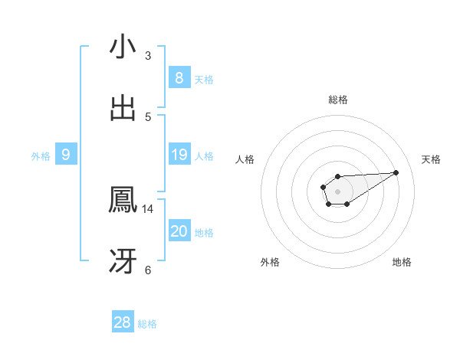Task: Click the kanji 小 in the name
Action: pos(123,47)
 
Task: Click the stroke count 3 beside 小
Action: pos(148,55)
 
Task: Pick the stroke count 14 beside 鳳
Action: pos(148,208)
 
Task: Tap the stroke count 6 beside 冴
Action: pos(148,270)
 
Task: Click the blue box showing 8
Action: pos(179,77)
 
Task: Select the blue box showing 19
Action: pos(179,155)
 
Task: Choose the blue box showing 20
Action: pos(179,231)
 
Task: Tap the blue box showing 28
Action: pos(123,322)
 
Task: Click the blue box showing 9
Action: pos(66,155)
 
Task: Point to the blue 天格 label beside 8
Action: pos(204,79)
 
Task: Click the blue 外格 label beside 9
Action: pos(41,156)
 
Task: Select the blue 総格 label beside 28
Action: pos(147,324)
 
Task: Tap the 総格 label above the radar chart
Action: pos(338,100)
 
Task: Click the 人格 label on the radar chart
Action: pos(245,159)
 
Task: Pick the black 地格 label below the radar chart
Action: pos(402,262)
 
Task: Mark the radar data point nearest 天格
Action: pos(396,172)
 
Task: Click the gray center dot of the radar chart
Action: pos(337,190)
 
